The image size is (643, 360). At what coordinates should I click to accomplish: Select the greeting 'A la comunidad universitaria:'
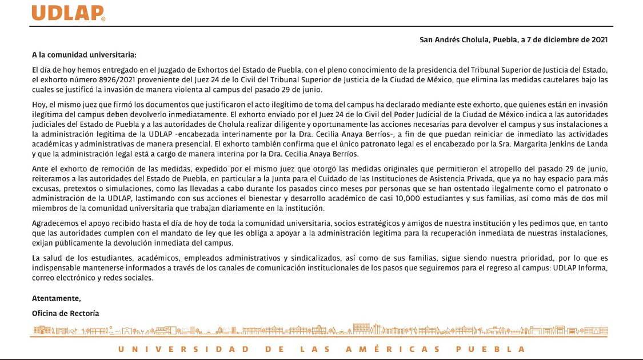pyautogui.click(x=84, y=55)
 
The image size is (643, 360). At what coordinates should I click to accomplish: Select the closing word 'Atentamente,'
pyautogui.click(x=57, y=298)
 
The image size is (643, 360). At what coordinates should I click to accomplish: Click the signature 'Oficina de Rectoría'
pyautogui.click(x=66, y=313)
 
